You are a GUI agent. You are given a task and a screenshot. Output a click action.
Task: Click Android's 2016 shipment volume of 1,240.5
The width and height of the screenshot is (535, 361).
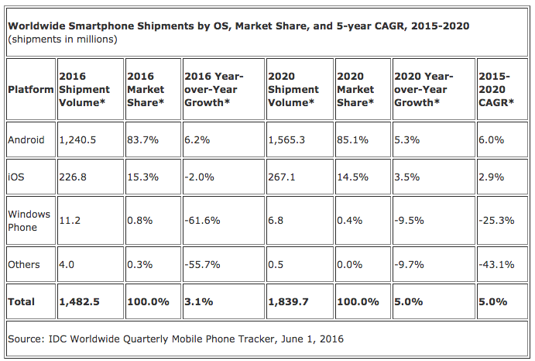click(x=77, y=140)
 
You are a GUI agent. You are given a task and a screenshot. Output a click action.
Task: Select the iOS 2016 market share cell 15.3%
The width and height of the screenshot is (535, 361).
click(x=143, y=177)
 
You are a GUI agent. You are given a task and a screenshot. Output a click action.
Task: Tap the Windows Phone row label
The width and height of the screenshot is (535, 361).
click(x=29, y=221)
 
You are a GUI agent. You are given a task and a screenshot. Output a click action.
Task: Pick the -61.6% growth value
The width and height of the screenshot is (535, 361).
click(x=202, y=221)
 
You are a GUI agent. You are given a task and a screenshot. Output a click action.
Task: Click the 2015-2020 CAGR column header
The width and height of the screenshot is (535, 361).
click(x=496, y=90)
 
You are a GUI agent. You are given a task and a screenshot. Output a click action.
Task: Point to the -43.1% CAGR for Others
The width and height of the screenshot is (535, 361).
click(x=496, y=265)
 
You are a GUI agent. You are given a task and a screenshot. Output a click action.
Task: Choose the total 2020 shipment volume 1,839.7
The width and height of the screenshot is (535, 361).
click(x=288, y=302)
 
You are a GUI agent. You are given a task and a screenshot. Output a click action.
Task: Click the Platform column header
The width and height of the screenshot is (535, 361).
click(x=31, y=90)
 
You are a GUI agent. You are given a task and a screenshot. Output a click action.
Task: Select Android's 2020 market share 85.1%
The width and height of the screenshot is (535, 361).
click(x=353, y=140)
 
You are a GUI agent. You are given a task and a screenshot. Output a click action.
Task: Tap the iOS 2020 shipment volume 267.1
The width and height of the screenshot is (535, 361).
click(x=282, y=177)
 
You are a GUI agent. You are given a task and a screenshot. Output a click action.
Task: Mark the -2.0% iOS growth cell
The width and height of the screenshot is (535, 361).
click(x=199, y=177)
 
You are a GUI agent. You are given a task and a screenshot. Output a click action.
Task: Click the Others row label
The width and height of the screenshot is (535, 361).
click(x=24, y=265)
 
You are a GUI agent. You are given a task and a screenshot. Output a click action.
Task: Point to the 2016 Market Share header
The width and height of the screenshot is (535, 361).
click(x=146, y=90)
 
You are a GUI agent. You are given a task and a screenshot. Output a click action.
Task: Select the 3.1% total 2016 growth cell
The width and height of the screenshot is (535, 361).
click(x=199, y=302)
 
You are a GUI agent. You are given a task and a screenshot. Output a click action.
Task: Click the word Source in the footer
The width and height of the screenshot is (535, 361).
click(x=26, y=339)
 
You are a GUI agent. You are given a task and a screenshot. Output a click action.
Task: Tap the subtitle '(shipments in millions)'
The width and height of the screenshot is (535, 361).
click(x=63, y=40)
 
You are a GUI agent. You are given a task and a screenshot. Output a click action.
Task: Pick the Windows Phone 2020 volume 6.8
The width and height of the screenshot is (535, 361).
click(x=276, y=221)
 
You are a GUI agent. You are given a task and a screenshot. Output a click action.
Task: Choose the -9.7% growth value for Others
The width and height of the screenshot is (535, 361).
click(x=409, y=265)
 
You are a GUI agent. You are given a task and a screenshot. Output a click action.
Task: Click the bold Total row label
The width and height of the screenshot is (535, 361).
click(x=21, y=302)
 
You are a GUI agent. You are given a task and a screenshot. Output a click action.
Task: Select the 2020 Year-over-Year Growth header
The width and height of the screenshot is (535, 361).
click(x=424, y=90)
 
